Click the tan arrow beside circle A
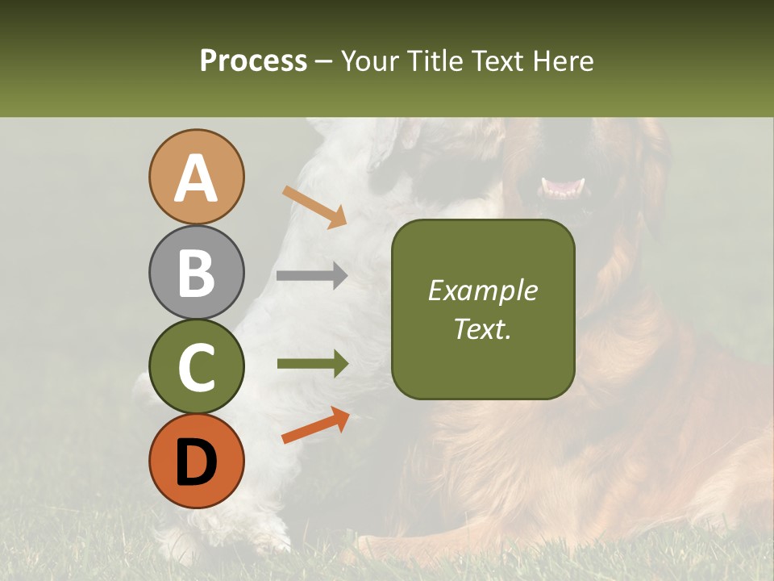pos(314,206)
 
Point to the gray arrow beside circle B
pos(312,275)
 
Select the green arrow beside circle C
pos(313,364)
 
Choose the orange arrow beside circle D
pos(315,425)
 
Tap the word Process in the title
pos(253,61)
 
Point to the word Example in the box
pos(483,291)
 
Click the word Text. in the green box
pos(483,329)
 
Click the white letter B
pos(197,273)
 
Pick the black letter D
pos(197,462)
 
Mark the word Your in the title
pos(370,61)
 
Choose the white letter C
pos(197,368)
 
